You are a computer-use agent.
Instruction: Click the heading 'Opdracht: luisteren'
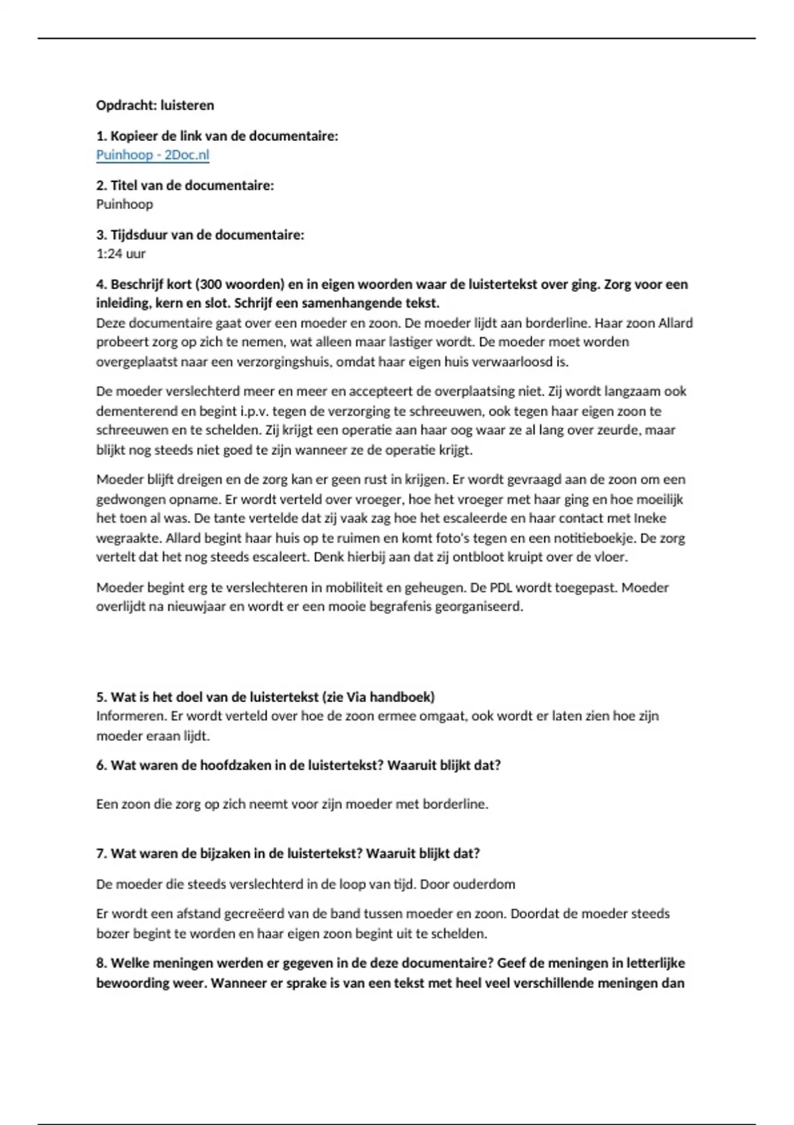click(x=155, y=105)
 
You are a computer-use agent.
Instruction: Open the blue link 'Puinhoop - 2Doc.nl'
click(x=152, y=155)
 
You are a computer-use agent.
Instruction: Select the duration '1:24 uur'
click(x=120, y=253)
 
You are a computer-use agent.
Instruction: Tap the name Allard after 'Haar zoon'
click(x=676, y=323)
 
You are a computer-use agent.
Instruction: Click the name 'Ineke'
click(x=650, y=518)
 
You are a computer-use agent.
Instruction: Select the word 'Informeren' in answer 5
click(x=130, y=716)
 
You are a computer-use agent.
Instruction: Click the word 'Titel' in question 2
click(x=124, y=186)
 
